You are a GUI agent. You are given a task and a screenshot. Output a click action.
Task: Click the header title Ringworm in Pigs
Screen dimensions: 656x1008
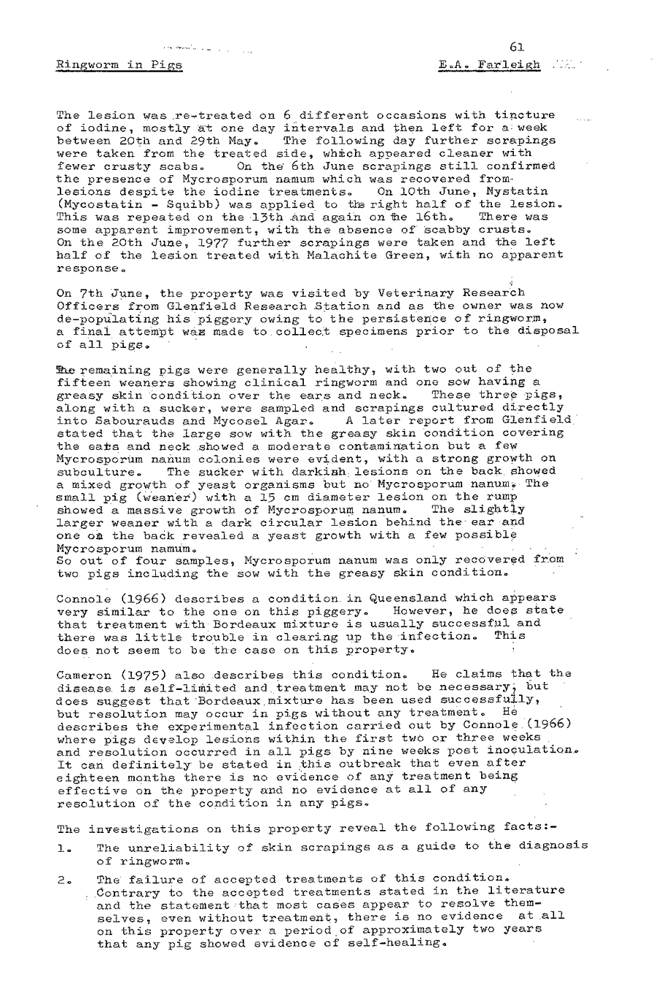coord(120,65)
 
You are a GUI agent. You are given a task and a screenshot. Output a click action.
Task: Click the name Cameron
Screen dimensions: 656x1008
coord(81,673)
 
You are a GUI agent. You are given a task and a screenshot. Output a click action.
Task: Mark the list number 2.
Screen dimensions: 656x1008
coord(62,879)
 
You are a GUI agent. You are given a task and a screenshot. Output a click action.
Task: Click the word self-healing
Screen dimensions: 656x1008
coord(400,943)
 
